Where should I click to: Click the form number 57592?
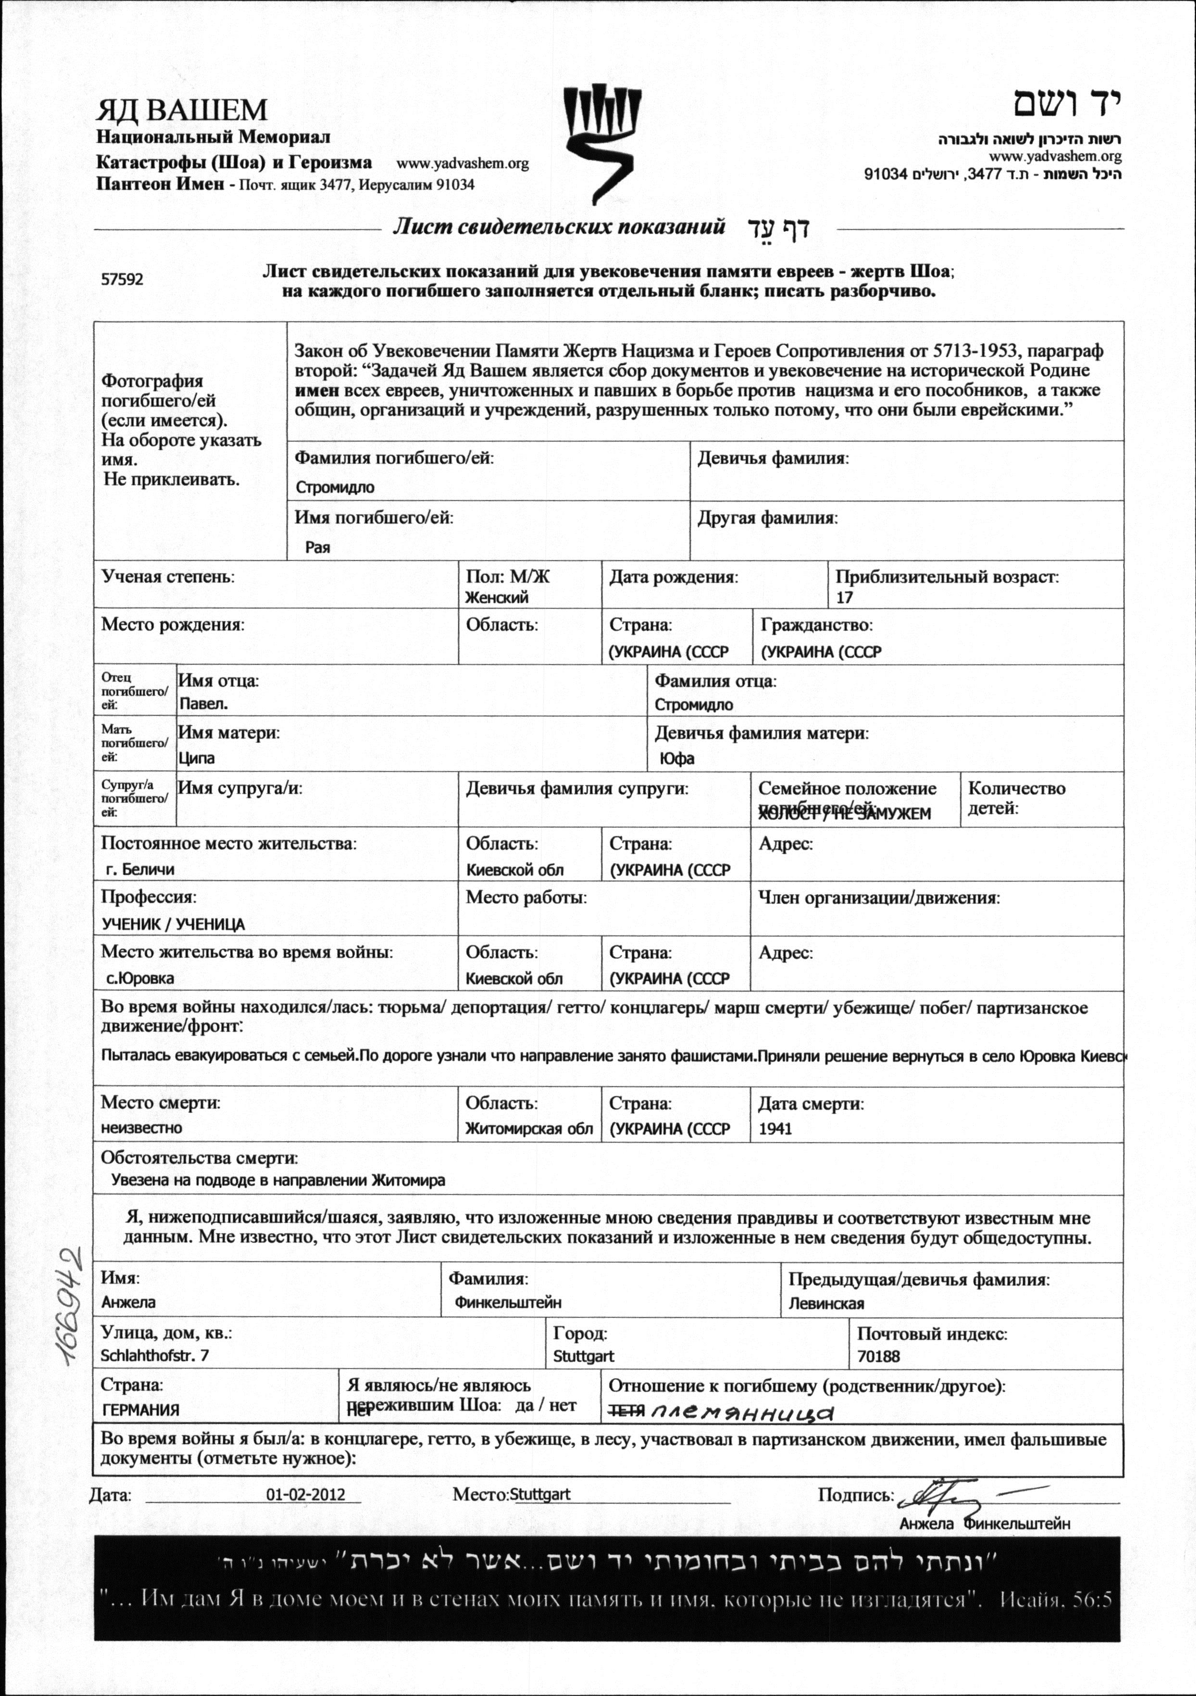pyautogui.click(x=122, y=280)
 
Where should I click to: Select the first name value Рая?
pyautogui.click(x=318, y=548)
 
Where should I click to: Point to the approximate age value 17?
pyautogui.click(x=845, y=598)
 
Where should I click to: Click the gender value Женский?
pyautogui.click(x=497, y=598)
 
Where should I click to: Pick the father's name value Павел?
pyautogui.click(x=204, y=704)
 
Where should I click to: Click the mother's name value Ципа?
pyautogui.click(x=197, y=758)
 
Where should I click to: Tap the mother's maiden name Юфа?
pyautogui.click(x=677, y=758)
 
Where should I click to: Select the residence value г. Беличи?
pyautogui.click(x=140, y=870)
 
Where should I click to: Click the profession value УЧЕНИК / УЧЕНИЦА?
pyautogui.click(x=173, y=924)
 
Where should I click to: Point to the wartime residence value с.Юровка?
pyautogui.click(x=140, y=979)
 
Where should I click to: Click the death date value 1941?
pyautogui.click(x=775, y=1129)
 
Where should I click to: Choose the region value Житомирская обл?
pyautogui.click(x=529, y=1129)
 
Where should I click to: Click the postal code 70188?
pyautogui.click(x=878, y=1356)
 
